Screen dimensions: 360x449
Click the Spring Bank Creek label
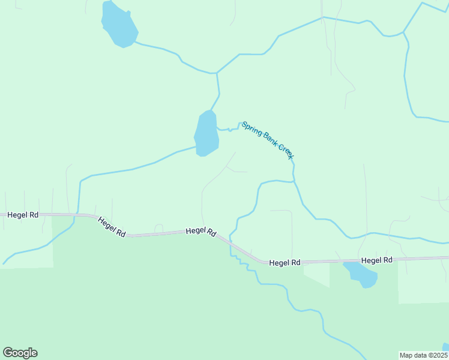268,140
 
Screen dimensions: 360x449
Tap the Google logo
20,353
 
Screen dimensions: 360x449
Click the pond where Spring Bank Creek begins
206,133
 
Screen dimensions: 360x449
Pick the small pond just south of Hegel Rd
361,274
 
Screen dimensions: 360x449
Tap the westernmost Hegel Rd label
23,214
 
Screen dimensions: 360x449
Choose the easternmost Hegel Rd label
376,260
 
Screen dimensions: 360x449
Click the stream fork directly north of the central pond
216,73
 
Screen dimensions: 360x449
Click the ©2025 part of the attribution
436,355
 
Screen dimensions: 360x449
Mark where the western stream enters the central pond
196,146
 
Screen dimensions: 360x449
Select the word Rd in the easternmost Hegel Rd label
387,260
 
